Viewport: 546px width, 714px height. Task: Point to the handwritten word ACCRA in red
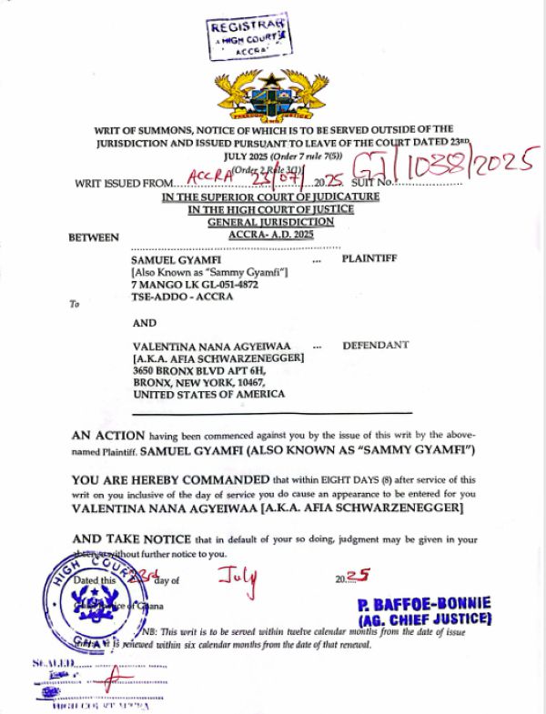(x=209, y=175)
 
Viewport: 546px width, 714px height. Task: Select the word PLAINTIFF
(x=369, y=259)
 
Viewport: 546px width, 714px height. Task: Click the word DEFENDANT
(x=375, y=346)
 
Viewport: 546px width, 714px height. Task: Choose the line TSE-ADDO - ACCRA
(x=182, y=297)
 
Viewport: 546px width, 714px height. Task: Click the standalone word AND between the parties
(x=145, y=322)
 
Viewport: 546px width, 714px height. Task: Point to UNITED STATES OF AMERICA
(x=208, y=395)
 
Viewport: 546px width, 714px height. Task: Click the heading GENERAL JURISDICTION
(x=271, y=222)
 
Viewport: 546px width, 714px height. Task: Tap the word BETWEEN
(x=94, y=238)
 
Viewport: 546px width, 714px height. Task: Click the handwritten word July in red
(x=238, y=576)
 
